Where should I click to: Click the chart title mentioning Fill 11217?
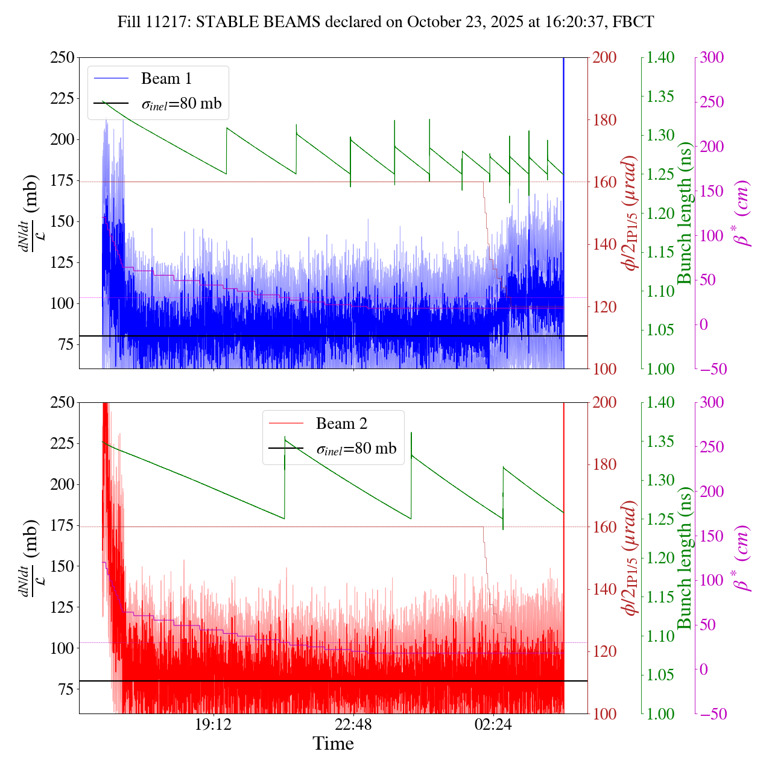386,22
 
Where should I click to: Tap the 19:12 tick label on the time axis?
214,724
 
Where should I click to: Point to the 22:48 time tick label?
353,724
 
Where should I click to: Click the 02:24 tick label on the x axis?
493,724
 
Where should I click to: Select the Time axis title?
333,744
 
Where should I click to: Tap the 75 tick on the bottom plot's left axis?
66,689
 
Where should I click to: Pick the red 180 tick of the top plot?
604,120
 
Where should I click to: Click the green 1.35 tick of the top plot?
662,96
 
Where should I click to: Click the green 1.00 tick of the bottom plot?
662,714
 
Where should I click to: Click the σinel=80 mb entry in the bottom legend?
356,449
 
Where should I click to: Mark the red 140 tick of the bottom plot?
604,589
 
